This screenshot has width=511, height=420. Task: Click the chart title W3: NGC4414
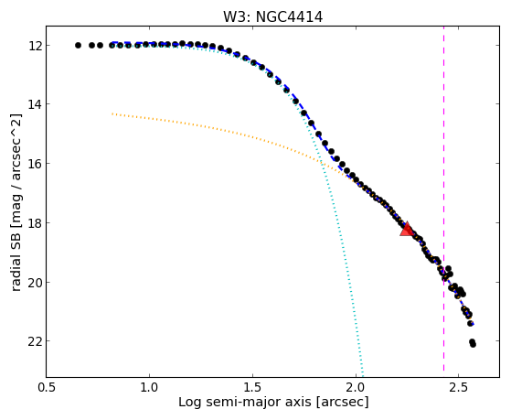(272, 16)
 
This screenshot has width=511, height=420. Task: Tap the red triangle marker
(407, 229)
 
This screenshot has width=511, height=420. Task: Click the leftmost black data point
(78, 46)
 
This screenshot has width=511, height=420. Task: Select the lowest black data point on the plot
(473, 344)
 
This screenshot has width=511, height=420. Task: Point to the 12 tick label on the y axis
(34, 46)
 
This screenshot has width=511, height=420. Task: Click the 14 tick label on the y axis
(34, 104)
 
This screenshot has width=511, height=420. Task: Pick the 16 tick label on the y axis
(34, 163)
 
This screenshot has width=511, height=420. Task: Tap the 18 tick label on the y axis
(34, 222)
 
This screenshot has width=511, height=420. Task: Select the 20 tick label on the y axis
(34, 282)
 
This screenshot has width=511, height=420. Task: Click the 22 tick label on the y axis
(34, 341)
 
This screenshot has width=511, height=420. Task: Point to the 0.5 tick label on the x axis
(47, 387)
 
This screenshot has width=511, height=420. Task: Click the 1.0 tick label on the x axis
(149, 387)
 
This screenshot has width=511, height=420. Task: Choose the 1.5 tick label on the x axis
(252, 387)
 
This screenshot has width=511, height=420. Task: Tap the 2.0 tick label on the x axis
(356, 387)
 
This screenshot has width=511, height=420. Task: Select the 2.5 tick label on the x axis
(459, 387)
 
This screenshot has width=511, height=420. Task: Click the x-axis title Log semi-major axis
(245, 402)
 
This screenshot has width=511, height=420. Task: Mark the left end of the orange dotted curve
(112, 113)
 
